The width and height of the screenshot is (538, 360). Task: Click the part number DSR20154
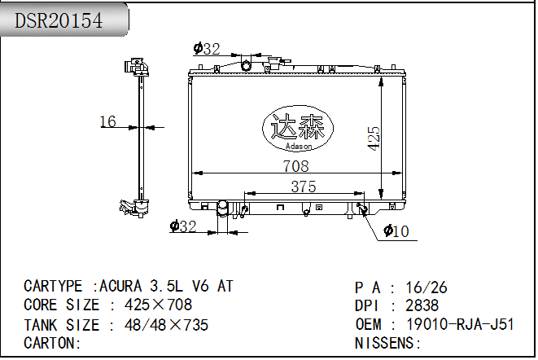[59, 20]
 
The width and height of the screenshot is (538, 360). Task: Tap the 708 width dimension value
[295, 166]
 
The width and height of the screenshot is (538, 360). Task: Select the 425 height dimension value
[374, 138]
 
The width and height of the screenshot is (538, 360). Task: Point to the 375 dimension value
[304, 187]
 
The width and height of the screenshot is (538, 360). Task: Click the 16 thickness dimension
[107, 121]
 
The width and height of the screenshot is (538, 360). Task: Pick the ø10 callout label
[396, 231]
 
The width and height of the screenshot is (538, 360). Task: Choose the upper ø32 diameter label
[207, 49]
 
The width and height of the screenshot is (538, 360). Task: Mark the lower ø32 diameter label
[183, 226]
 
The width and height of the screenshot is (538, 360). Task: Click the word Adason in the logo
[299, 147]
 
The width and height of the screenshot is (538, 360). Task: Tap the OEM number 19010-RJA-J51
[460, 324]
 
